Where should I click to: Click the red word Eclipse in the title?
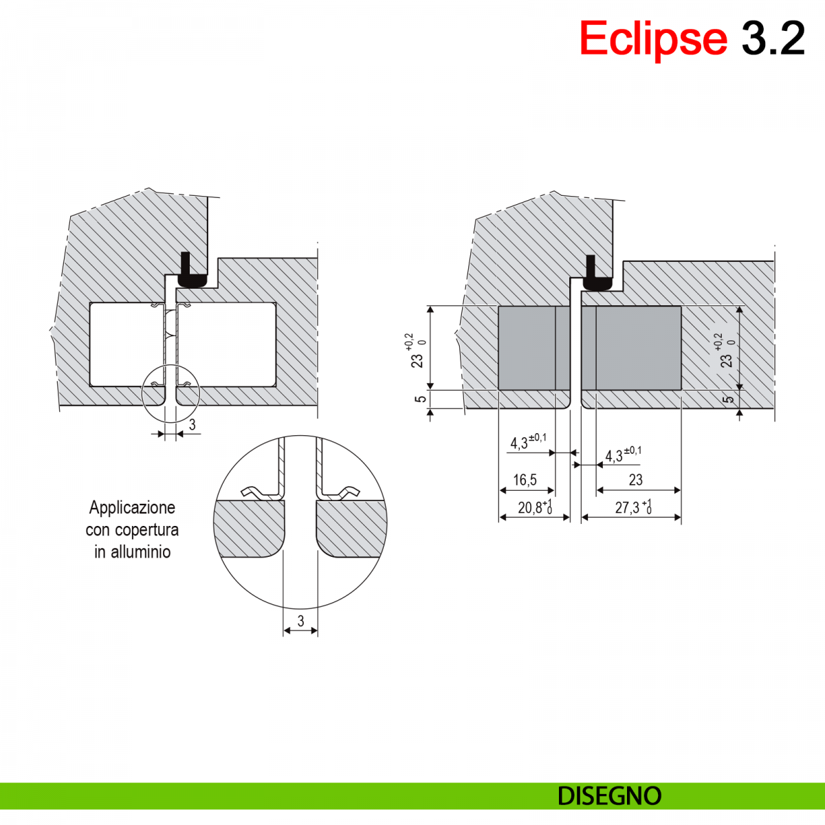coord(653,39)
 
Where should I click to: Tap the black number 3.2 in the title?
coord(773,38)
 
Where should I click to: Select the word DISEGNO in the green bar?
coord(609,796)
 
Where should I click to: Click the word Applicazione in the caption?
coord(132,508)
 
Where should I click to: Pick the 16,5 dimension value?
coord(525,480)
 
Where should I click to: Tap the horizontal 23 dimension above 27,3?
coord(636,479)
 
